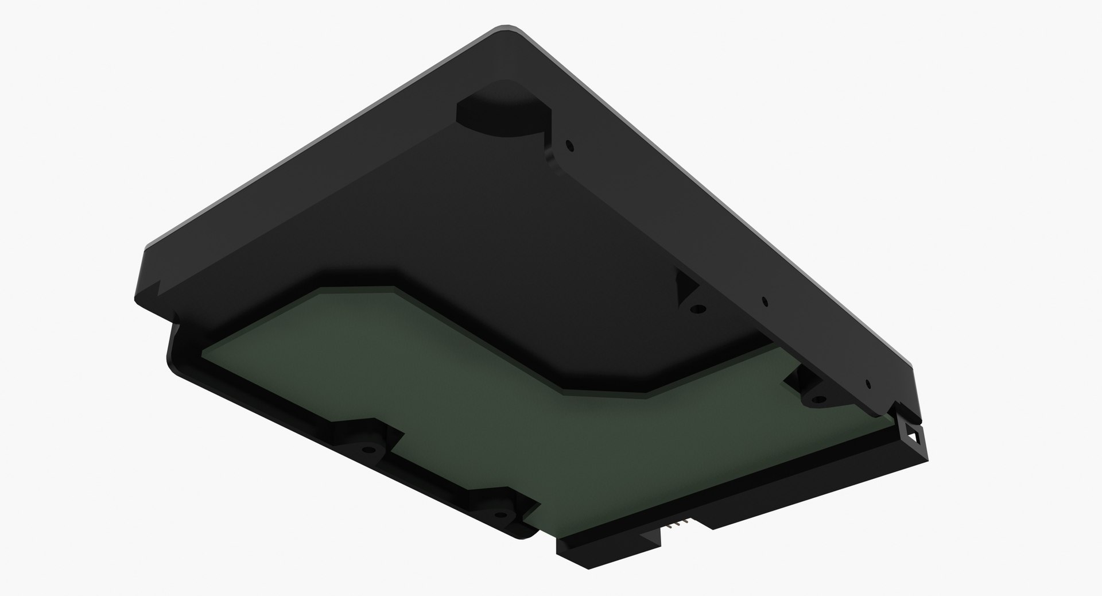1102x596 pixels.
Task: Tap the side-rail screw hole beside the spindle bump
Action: coord(569,145)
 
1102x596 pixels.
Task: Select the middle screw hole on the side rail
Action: coord(764,300)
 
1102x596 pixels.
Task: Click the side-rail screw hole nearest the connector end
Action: coord(868,384)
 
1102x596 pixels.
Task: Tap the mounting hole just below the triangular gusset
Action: coord(697,308)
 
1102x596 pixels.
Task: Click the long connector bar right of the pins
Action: coord(804,488)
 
